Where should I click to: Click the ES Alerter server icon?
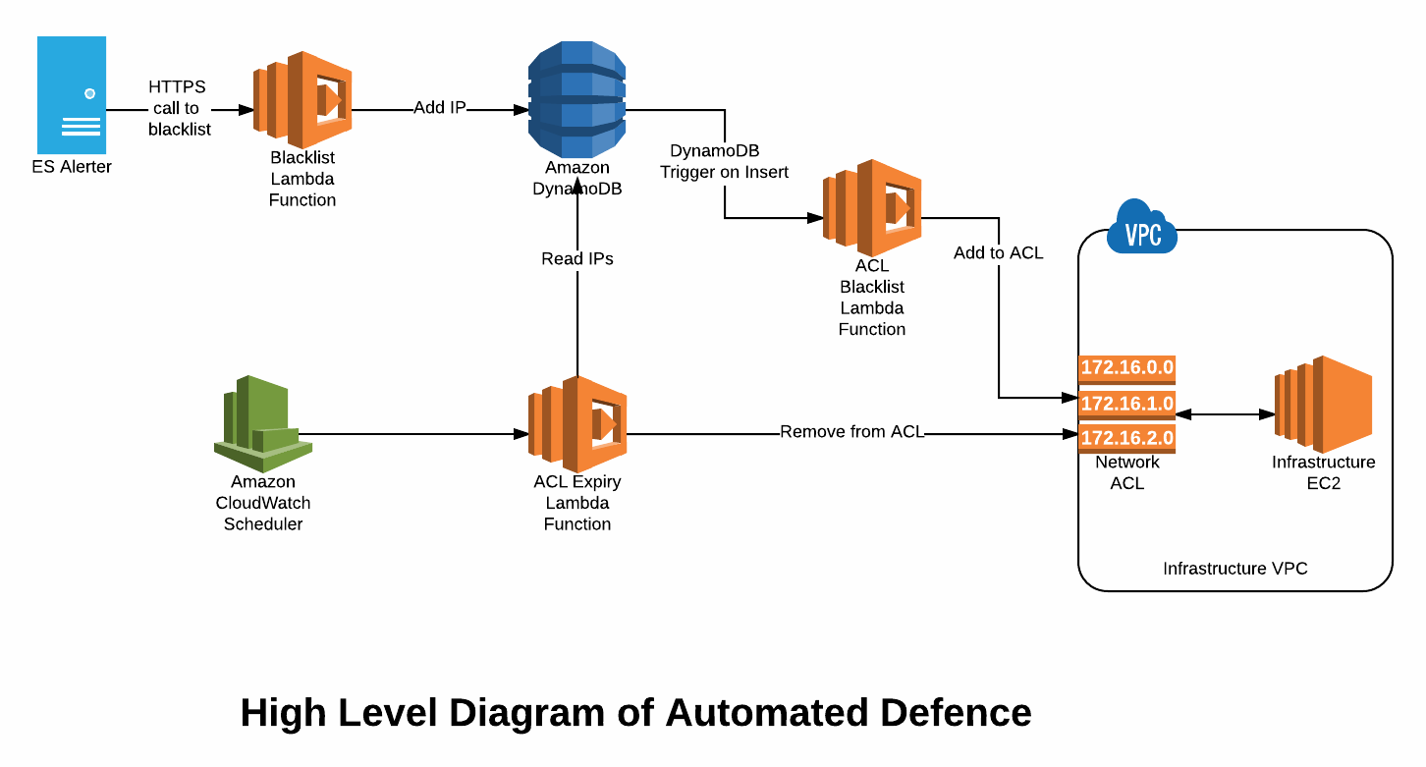pos(72,95)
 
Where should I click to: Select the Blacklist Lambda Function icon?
pos(302,99)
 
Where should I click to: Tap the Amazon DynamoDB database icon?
pos(576,99)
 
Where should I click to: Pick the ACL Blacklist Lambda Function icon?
pos(871,207)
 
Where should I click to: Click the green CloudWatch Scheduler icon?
pos(263,424)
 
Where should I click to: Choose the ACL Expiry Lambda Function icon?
pos(577,424)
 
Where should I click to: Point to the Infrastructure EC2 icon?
pos(1323,405)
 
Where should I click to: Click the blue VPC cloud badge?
pos(1142,227)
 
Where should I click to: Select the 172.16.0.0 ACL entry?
pos(1126,369)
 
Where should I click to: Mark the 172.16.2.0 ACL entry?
pos(1126,439)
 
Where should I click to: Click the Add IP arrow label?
pos(440,108)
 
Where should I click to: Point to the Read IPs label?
pos(577,258)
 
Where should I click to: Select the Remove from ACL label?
pos(851,431)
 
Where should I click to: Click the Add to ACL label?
pos(998,252)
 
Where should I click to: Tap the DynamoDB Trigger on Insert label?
pos(724,161)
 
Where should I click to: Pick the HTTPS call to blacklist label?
pos(179,108)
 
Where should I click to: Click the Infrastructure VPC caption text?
pos(1235,569)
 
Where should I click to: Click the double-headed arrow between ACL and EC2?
pos(1226,414)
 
